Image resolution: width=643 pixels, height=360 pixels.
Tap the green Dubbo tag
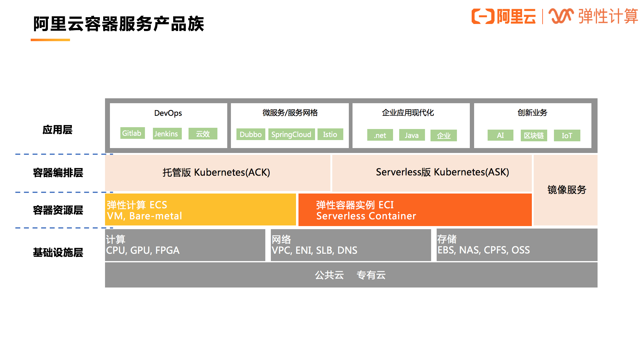click(251, 135)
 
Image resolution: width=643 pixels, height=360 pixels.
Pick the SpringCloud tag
click(291, 135)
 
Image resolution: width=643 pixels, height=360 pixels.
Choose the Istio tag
click(330, 135)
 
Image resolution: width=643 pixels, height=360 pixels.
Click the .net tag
click(380, 135)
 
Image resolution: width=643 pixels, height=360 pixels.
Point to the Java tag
click(412, 135)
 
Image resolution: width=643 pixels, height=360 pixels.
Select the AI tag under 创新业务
click(500, 135)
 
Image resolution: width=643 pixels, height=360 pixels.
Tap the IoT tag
click(567, 135)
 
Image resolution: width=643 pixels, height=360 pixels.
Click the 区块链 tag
click(534, 135)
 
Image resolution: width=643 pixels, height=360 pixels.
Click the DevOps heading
click(168, 113)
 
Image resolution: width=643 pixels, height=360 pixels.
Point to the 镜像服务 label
click(567, 190)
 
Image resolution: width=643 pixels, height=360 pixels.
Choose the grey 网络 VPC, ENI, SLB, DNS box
click(351, 245)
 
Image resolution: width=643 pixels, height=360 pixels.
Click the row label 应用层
click(57, 130)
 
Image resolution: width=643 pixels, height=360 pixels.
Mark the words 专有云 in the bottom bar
click(371, 275)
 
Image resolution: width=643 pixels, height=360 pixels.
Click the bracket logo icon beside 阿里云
click(483, 16)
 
